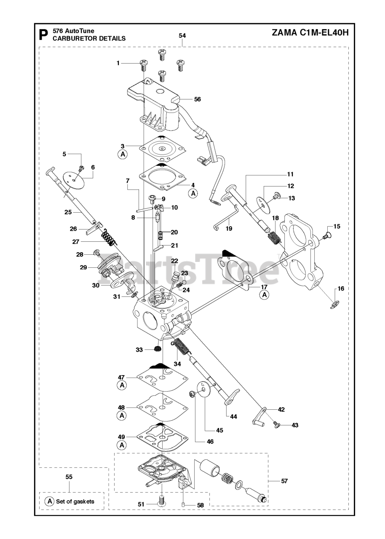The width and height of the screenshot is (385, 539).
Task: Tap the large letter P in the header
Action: [x=43, y=35]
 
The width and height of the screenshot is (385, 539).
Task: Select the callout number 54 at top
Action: [x=182, y=36]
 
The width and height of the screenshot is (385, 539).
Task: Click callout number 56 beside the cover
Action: [x=197, y=99]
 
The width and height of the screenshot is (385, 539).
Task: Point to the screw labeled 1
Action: [x=144, y=64]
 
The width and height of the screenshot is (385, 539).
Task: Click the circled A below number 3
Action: [x=123, y=155]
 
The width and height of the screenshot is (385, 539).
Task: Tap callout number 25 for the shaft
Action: [x=68, y=212]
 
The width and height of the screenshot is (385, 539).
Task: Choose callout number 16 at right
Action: [x=341, y=288]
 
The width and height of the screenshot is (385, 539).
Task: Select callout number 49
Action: [x=121, y=436]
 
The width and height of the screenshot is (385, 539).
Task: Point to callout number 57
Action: [x=284, y=481]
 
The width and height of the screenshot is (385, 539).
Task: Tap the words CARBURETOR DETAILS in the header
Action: [x=88, y=38]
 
